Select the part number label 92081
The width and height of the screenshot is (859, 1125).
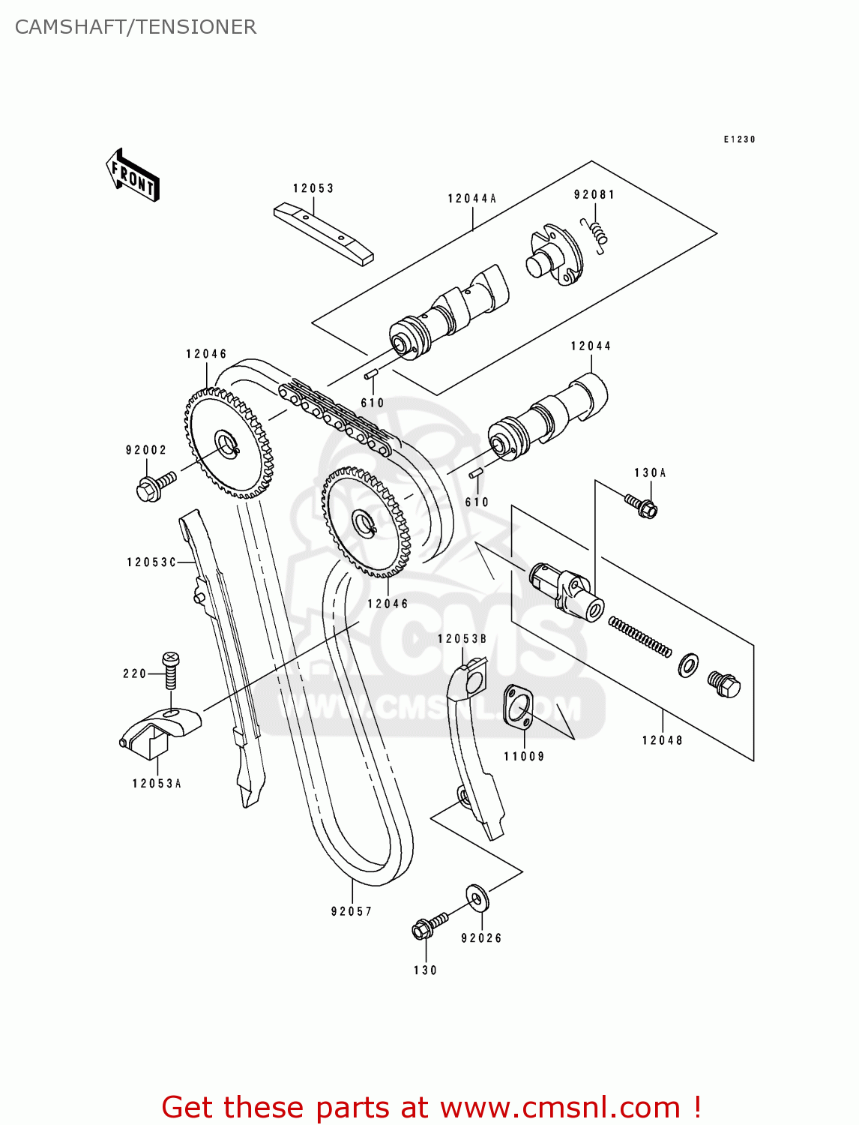click(x=594, y=195)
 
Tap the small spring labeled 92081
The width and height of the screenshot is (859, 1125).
click(x=594, y=234)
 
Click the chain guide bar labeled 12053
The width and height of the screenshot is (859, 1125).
click(x=323, y=234)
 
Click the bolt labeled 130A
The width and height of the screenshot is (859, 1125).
click(x=641, y=505)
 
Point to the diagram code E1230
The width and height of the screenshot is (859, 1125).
click(x=739, y=139)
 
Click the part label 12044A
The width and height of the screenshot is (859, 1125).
click(x=471, y=199)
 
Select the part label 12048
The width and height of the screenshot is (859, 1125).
click(x=663, y=740)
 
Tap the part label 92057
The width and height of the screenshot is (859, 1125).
click(x=351, y=911)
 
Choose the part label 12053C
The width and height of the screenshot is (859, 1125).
click(x=151, y=562)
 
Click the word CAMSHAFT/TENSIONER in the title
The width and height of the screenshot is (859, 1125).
click(x=136, y=27)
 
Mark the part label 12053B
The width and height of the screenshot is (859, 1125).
click(x=462, y=638)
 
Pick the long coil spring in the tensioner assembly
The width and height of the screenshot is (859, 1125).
click(x=639, y=637)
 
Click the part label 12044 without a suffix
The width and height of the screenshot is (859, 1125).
click(x=591, y=346)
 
